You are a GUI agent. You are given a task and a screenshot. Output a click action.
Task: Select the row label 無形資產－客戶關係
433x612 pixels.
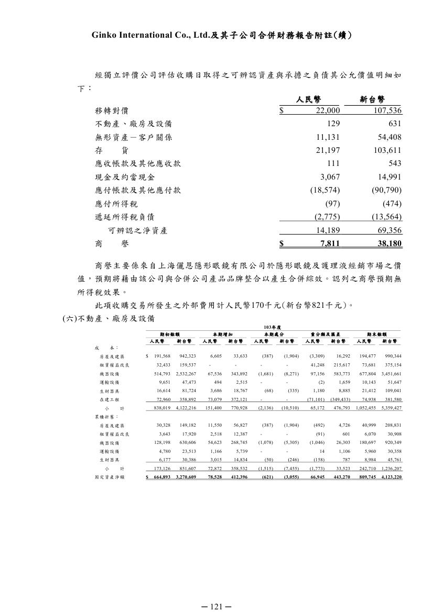133,137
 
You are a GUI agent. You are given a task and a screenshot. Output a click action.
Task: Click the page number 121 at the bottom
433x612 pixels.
216,606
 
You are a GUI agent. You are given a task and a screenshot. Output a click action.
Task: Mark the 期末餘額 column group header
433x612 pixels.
377,334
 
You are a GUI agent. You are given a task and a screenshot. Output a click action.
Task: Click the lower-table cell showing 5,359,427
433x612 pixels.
391,407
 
